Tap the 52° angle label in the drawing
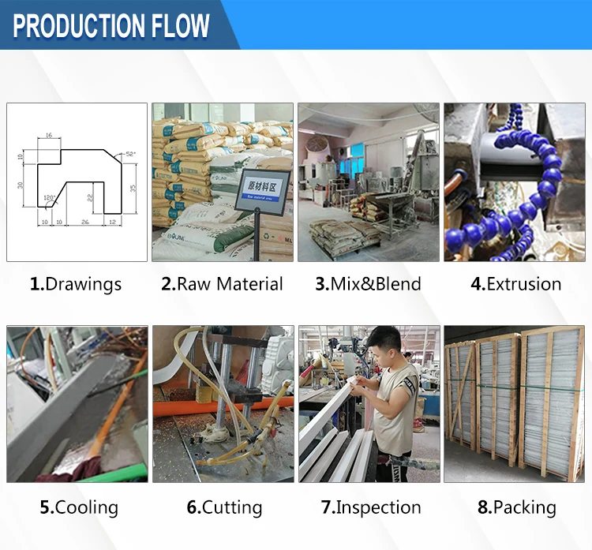click(x=130, y=154)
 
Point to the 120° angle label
click(x=49, y=197)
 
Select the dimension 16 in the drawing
click(x=48, y=137)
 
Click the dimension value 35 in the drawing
click(x=133, y=188)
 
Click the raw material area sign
click(x=264, y=187)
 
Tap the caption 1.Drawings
click(x=76, y=284)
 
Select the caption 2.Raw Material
click(x=222, y=284)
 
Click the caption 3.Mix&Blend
click(x=368, y=284)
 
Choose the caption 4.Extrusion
click(x=516, y=284)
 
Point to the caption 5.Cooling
click(x=77, y=507)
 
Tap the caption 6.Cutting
click(x=222, y=507)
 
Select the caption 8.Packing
click(x=516, y=507)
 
